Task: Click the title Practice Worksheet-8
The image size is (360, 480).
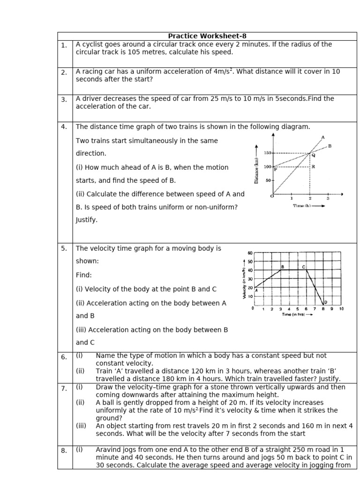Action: [207, 36]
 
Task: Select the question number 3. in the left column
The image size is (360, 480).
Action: [64, 99]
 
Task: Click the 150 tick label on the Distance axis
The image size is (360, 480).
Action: [267, 153]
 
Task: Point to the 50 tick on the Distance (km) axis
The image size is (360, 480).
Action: [269, 180]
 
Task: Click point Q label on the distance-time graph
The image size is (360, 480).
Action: [313, 155]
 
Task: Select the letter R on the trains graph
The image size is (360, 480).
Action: [313, 166]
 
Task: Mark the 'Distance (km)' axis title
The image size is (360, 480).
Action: [256, 170]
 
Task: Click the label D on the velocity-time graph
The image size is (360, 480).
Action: [325, 302]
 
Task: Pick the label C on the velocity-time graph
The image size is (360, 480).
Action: [304, 267]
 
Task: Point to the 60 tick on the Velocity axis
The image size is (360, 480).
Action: [250, 253]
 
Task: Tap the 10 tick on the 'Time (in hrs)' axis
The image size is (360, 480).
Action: [341, 309]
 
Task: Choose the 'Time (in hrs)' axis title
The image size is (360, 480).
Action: [293, 315]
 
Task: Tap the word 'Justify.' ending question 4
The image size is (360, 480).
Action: [87, 220]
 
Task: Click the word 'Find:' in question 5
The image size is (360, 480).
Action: [84, 275]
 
